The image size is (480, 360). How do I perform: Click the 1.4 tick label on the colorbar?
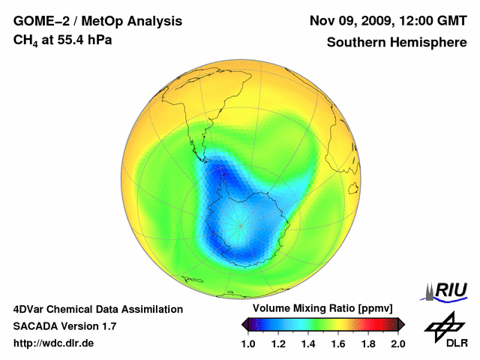[x=308, y=343]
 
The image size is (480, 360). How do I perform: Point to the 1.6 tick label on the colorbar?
[x=338, y=343]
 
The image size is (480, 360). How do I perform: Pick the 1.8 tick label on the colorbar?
[x=368, y=343]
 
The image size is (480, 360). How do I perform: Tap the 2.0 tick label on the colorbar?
[x=397, y=343]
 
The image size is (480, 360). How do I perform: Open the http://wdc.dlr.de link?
[x=54, y=343]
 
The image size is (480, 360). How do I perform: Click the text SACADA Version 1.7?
[x=64, y=326]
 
